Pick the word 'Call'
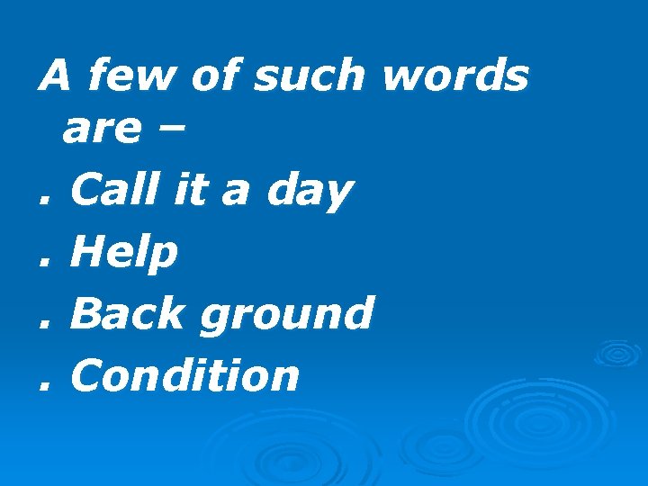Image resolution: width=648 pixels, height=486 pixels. [x=121, y=191]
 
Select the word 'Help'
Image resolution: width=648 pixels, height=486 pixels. [x=124, y=254]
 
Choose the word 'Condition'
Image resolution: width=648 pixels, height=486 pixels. [x=184, y=374]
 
